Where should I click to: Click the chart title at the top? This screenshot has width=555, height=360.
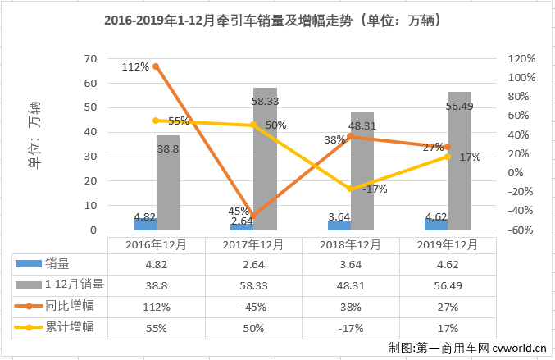(277, 20)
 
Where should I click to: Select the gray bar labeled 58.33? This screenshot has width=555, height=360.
(265, 159)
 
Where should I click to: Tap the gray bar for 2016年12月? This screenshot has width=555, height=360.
(168, 183)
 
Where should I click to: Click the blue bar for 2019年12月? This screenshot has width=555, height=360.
(435, 225)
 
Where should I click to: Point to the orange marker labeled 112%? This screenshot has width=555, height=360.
(156, 66)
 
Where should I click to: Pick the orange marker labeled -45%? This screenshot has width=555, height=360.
(252, 216)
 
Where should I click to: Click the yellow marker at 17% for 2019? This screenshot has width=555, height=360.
(447, 157)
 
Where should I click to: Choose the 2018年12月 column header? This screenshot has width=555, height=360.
(349, 244)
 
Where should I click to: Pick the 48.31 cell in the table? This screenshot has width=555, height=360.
(349, 285)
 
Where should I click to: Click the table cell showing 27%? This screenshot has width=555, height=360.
(447, 306)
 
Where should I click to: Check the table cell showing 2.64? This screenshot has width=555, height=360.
(252, 264)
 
